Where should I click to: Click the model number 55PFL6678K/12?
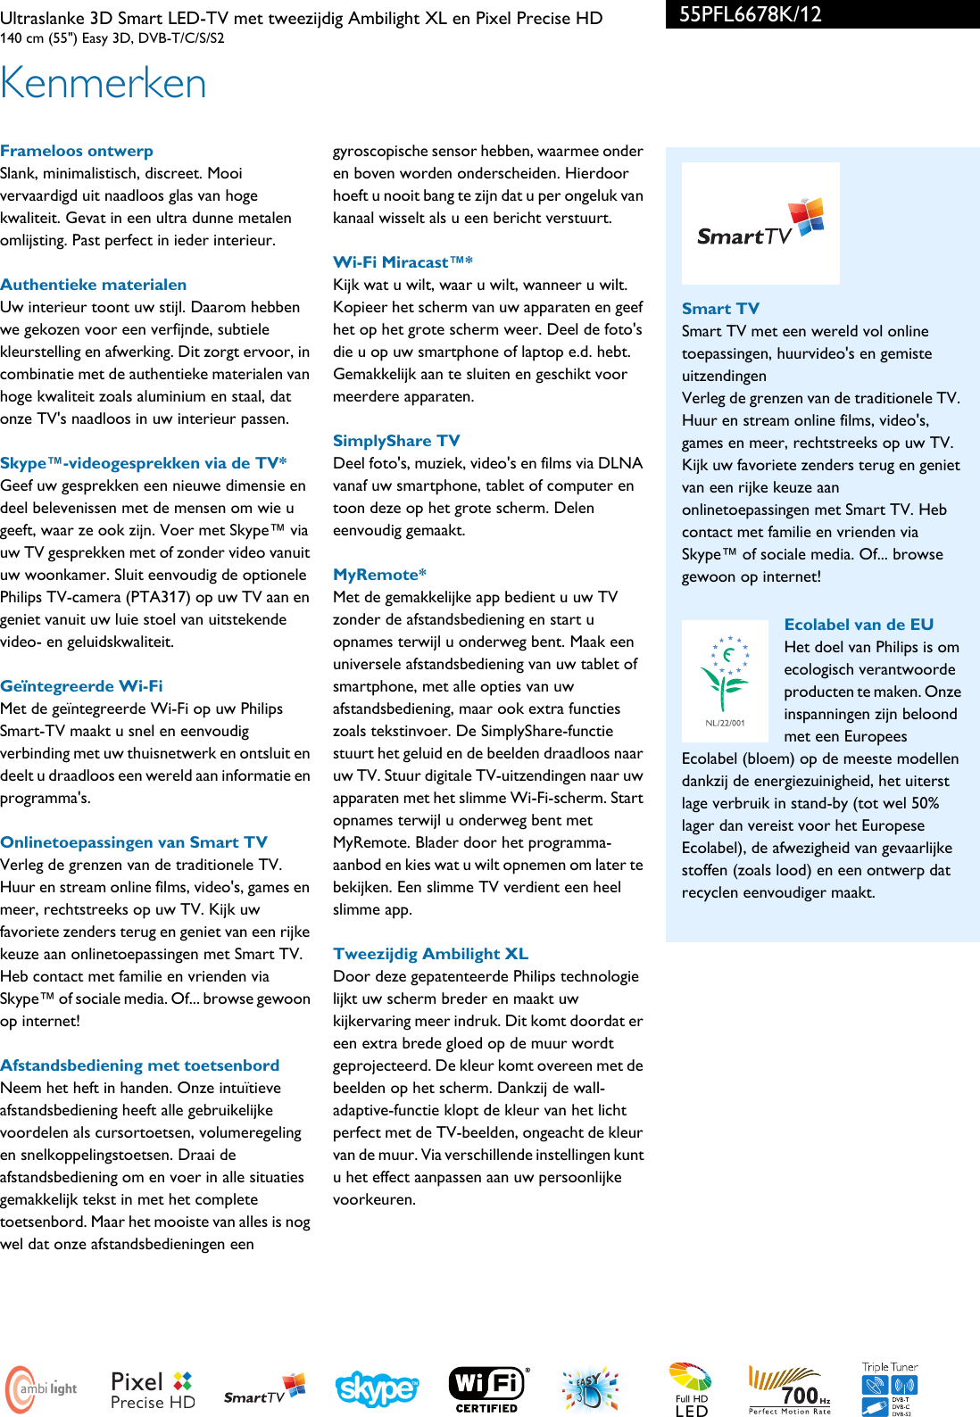tap(750, 14)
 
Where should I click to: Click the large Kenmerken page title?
tap(104, 83)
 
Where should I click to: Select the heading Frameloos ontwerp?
tap(77, 151)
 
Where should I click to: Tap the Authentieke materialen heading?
tap(94, 285)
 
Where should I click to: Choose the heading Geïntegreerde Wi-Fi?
tap(82, 686)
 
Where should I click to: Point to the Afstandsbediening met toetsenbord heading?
tap(140, 1065)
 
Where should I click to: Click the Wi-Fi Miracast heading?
tap(403, 262)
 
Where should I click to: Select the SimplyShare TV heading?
tap(396, 441)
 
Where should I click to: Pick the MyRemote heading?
tap(379, 575)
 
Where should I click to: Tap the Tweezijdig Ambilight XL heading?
tap(430, 954)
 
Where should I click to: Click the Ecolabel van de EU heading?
tap(859, 625)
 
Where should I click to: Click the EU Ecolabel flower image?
tap(726, 681)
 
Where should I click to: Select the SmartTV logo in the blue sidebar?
tap(760, 224)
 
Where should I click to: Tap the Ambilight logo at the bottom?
tap(43, 1389)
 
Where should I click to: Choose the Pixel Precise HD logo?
tap(153, 1390)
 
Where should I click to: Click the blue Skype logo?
tap(377, 1389)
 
